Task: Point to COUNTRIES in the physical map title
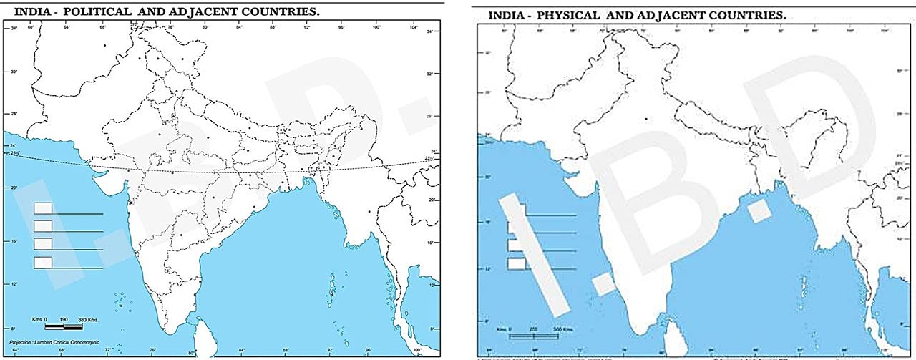[769, 15]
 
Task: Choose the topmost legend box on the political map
[43, 208]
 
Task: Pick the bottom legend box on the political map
[43, 263]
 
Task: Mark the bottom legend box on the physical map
[517, 264]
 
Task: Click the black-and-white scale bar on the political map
[64, 326]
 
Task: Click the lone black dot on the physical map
[645, 120]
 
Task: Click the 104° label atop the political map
[414, 27]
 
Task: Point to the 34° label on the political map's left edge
[14, 29]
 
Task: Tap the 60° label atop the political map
[30, 27]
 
